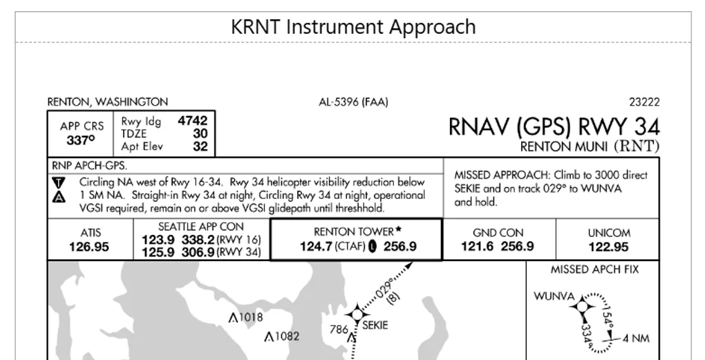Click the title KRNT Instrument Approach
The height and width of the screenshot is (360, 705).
(x=353, y=27)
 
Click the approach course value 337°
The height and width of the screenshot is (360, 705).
(x=81, y=140)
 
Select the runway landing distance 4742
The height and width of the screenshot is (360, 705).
(x=192, y=121)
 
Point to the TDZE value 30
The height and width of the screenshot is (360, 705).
(x=200, y=133)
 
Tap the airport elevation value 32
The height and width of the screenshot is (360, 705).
(x=200, y=146)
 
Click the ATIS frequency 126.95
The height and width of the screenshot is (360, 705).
(x=89, y=247)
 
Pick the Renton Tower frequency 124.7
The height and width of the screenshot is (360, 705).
(x=315, y=247)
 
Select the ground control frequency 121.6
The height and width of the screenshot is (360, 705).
(x=476, y=247)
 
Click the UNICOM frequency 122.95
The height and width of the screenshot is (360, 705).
(x=609, y=247)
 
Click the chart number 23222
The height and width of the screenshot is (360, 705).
(x=644, y=102)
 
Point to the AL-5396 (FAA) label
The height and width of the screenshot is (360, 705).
(x=353, y=102)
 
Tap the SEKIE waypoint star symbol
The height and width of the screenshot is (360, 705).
(x=357, y=314)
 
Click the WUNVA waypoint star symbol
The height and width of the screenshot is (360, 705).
(x=583, y=304)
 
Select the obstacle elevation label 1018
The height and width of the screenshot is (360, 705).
(x=249, y=318)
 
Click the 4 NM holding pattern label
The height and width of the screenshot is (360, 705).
(x=636, y=339)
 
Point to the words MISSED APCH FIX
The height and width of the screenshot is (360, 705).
(x=594, y=269)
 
